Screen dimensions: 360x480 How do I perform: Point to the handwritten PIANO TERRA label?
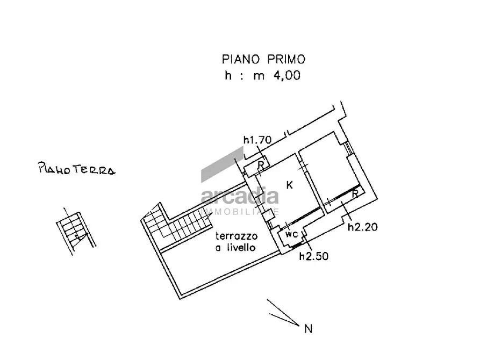(x=76, y=170)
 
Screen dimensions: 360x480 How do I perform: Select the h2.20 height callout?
(x=363, y=227)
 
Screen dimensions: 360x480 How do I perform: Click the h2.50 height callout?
(x=313, y=256)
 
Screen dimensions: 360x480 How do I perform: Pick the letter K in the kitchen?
(x=289, y=185)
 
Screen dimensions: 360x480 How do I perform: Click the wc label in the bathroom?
(x=291, y=235)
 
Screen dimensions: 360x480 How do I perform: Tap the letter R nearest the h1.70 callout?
(x=260, y=165)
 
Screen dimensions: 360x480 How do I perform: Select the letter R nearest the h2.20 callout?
(x=355, y=195)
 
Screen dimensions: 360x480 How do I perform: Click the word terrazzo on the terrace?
(x=237, y=236)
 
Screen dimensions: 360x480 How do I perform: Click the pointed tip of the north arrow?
(x=298, y=325)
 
